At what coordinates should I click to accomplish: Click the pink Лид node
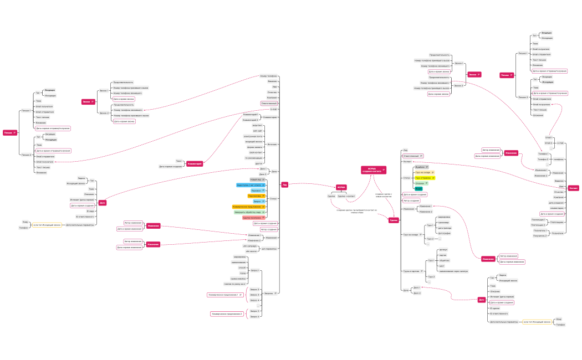coord(285,185)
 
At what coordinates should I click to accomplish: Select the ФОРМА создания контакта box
coord(372,170)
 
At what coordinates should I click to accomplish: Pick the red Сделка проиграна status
coord(252,218)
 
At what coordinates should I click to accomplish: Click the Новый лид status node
coord(256,180)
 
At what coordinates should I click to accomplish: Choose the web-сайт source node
coord(256,131)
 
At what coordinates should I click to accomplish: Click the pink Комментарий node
coord(195,164)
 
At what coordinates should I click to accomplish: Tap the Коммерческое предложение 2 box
coord(227,314)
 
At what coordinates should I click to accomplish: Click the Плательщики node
coord(557,222)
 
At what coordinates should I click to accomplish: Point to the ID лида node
coord(90,211)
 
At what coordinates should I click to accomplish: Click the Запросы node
coord(268,292)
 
